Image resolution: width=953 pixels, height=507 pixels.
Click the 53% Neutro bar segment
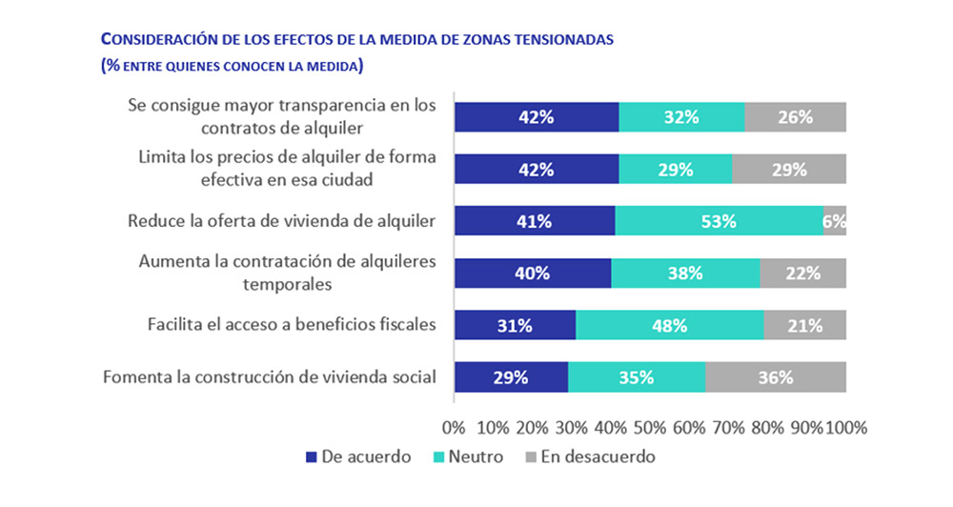click(719, 221)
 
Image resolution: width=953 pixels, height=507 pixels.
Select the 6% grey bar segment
click(835, 221)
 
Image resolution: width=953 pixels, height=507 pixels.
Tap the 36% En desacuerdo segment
click(776, 376)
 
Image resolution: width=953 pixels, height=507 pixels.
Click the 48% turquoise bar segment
click(669, 325)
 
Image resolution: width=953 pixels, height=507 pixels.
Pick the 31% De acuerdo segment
click(515, 325)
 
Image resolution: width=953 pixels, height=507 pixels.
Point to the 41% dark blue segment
click(534, 221)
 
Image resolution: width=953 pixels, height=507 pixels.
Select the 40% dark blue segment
click(532, 273)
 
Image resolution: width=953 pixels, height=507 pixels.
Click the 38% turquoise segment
click(685, 273)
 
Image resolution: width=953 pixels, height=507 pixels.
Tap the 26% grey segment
click(795, 117)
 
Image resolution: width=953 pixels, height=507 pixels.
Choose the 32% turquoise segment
click(681, 117)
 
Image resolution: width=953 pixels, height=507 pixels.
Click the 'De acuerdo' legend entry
click(358, 456)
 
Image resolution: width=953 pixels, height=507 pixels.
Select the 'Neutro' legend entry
click(468, 456)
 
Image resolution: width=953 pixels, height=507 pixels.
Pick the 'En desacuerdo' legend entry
click(590, 456)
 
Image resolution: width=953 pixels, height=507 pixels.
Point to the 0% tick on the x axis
click(454, 427)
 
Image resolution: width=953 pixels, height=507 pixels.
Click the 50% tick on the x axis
click(650, 427)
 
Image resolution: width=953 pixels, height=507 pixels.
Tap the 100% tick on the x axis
click(845, 427)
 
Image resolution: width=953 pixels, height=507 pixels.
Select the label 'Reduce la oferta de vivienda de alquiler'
click(281, 221)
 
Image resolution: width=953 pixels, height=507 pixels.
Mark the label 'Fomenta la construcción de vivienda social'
click(269, 376)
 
